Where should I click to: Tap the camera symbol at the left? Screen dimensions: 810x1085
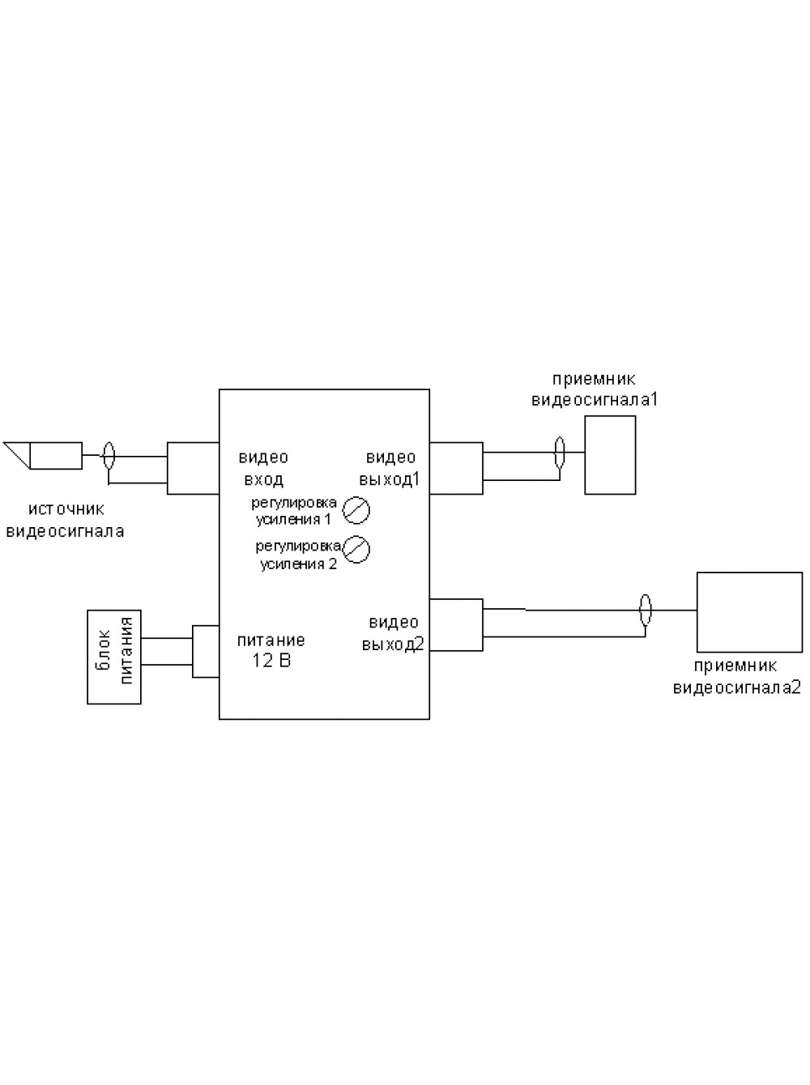pyautogui.click(x=43, y=455)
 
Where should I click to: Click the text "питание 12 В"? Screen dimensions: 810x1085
pyautogui.click(x=271, y=650)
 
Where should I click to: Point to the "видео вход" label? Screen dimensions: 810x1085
pyautogui.click(x=263, y=468)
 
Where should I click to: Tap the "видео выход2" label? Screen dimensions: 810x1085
pyautogui.click(x=393, y=633)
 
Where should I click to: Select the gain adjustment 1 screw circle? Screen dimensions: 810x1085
pyautogui.click(x=356, y=510)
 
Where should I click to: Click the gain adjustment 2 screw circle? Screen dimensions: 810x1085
pyautogui.click(x=356, y=549)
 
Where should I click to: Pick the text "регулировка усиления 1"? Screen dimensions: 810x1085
pyautogui.click(x=294, y=511)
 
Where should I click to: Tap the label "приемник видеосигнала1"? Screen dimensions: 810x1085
pyautogui.click(x=595, y=389)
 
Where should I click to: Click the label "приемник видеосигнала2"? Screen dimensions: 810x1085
pyautogui.click(x=737, y=677)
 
